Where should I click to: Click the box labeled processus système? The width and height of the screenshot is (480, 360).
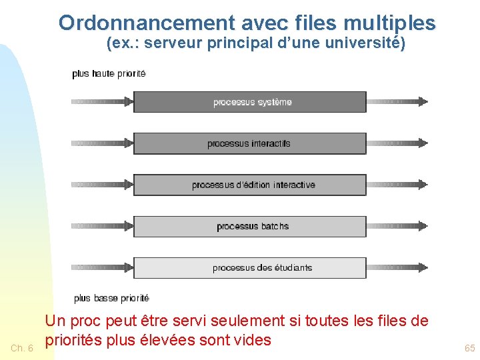click(250, 102)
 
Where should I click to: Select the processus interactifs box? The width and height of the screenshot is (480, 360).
click(250, 143)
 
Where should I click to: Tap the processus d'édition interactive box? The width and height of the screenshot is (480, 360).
click(250, 185)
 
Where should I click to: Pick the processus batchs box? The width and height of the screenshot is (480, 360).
click(250, 226)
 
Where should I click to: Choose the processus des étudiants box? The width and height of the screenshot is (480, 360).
click(250, 267)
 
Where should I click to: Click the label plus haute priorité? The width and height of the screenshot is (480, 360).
click(109, 73)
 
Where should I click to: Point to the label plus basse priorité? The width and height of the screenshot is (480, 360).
click(111, 298)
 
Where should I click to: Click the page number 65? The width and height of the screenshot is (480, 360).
click(470, 348)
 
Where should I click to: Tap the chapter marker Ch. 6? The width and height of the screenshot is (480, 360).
click(22, 348)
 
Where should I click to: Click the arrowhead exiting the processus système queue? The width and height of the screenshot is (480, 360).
click(421, 102)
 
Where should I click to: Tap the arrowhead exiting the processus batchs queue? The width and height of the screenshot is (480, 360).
click(421, 226)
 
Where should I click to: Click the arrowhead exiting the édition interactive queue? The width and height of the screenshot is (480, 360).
click(421, 185)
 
